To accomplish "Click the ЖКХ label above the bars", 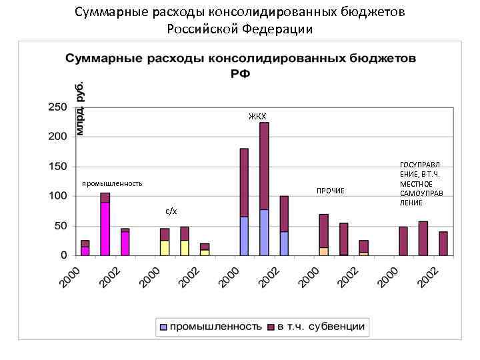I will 257,117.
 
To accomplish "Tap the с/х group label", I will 171,211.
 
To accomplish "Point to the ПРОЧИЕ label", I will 331,191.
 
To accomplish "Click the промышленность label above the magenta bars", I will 112,183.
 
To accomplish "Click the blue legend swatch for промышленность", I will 163,327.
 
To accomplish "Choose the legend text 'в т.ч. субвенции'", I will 321,327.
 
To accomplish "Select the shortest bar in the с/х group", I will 205,249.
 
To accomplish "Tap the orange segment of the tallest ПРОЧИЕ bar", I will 324,251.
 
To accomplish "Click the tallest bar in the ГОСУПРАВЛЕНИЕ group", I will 423,238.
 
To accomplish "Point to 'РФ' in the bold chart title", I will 240,73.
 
